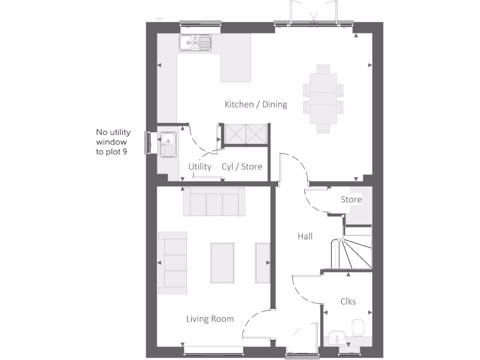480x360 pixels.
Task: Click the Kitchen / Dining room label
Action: point(255,105)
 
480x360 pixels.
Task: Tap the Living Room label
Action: point(210,319)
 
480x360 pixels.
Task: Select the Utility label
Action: point(200,166)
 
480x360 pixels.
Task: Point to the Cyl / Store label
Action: point(242,166)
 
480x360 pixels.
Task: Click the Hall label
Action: point(305,237)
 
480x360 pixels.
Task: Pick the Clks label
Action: point(348,301)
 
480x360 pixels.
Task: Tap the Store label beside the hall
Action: point(351,200)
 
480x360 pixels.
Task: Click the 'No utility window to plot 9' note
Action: point(113,142)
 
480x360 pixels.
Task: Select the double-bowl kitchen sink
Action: point(195,43)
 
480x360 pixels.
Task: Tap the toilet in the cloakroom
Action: point(358,328)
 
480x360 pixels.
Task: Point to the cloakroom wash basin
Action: point(336,337)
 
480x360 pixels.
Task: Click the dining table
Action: point(323,98)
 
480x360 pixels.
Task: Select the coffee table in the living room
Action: point(222,263)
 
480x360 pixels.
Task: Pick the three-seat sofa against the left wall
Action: point(172,262)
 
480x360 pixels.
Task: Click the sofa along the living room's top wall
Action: point(214,202)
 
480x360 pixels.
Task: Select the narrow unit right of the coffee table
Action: point(262,263)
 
